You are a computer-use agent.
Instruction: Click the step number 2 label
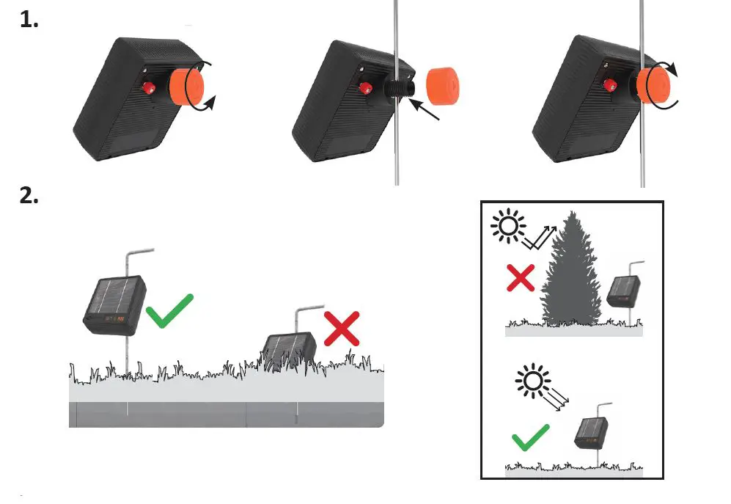[29, 197]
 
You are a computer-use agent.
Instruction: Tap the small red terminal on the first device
[148, 89]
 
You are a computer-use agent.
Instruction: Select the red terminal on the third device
[609, 85]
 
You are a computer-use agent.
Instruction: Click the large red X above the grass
[342, 327]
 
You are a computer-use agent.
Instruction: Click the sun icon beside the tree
[507, 226]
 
